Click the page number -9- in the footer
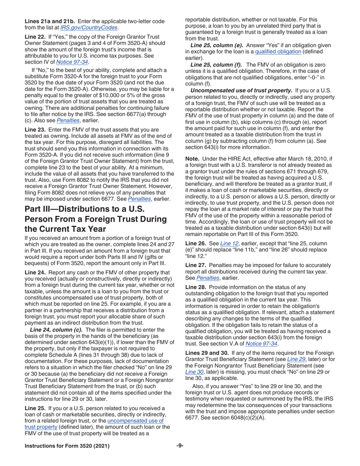[180, 446]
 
